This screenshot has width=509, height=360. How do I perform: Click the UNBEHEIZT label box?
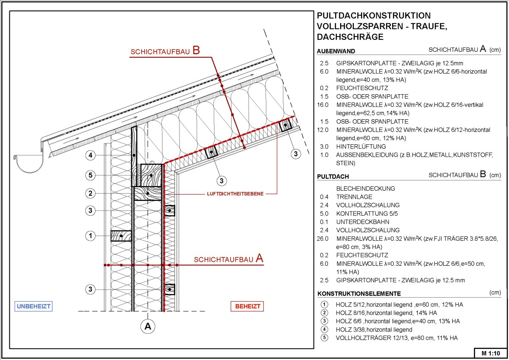[x=36, y=306]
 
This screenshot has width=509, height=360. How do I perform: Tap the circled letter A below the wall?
[x=148, y=326]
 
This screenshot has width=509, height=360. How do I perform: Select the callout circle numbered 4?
[x=90, y=156]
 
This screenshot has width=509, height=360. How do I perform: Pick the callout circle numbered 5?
[x=90, y=175]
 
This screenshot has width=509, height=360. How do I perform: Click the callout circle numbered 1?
[x=90, y=236]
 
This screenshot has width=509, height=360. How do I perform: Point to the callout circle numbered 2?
[x=90, y=194]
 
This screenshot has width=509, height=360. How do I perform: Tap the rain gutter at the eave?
[x=29, y=164]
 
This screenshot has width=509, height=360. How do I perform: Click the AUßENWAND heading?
[x=336, y=51]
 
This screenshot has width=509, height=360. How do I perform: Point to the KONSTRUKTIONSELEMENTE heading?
[x=359, y=294]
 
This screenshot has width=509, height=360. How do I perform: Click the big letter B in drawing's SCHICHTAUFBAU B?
[x=196, y=51]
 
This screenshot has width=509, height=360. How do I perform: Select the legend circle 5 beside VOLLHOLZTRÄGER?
[x=324, y=338]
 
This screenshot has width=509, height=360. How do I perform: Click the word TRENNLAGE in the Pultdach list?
[x=354, y=197]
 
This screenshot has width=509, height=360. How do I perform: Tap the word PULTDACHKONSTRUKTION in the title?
[x=373, y=16]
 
